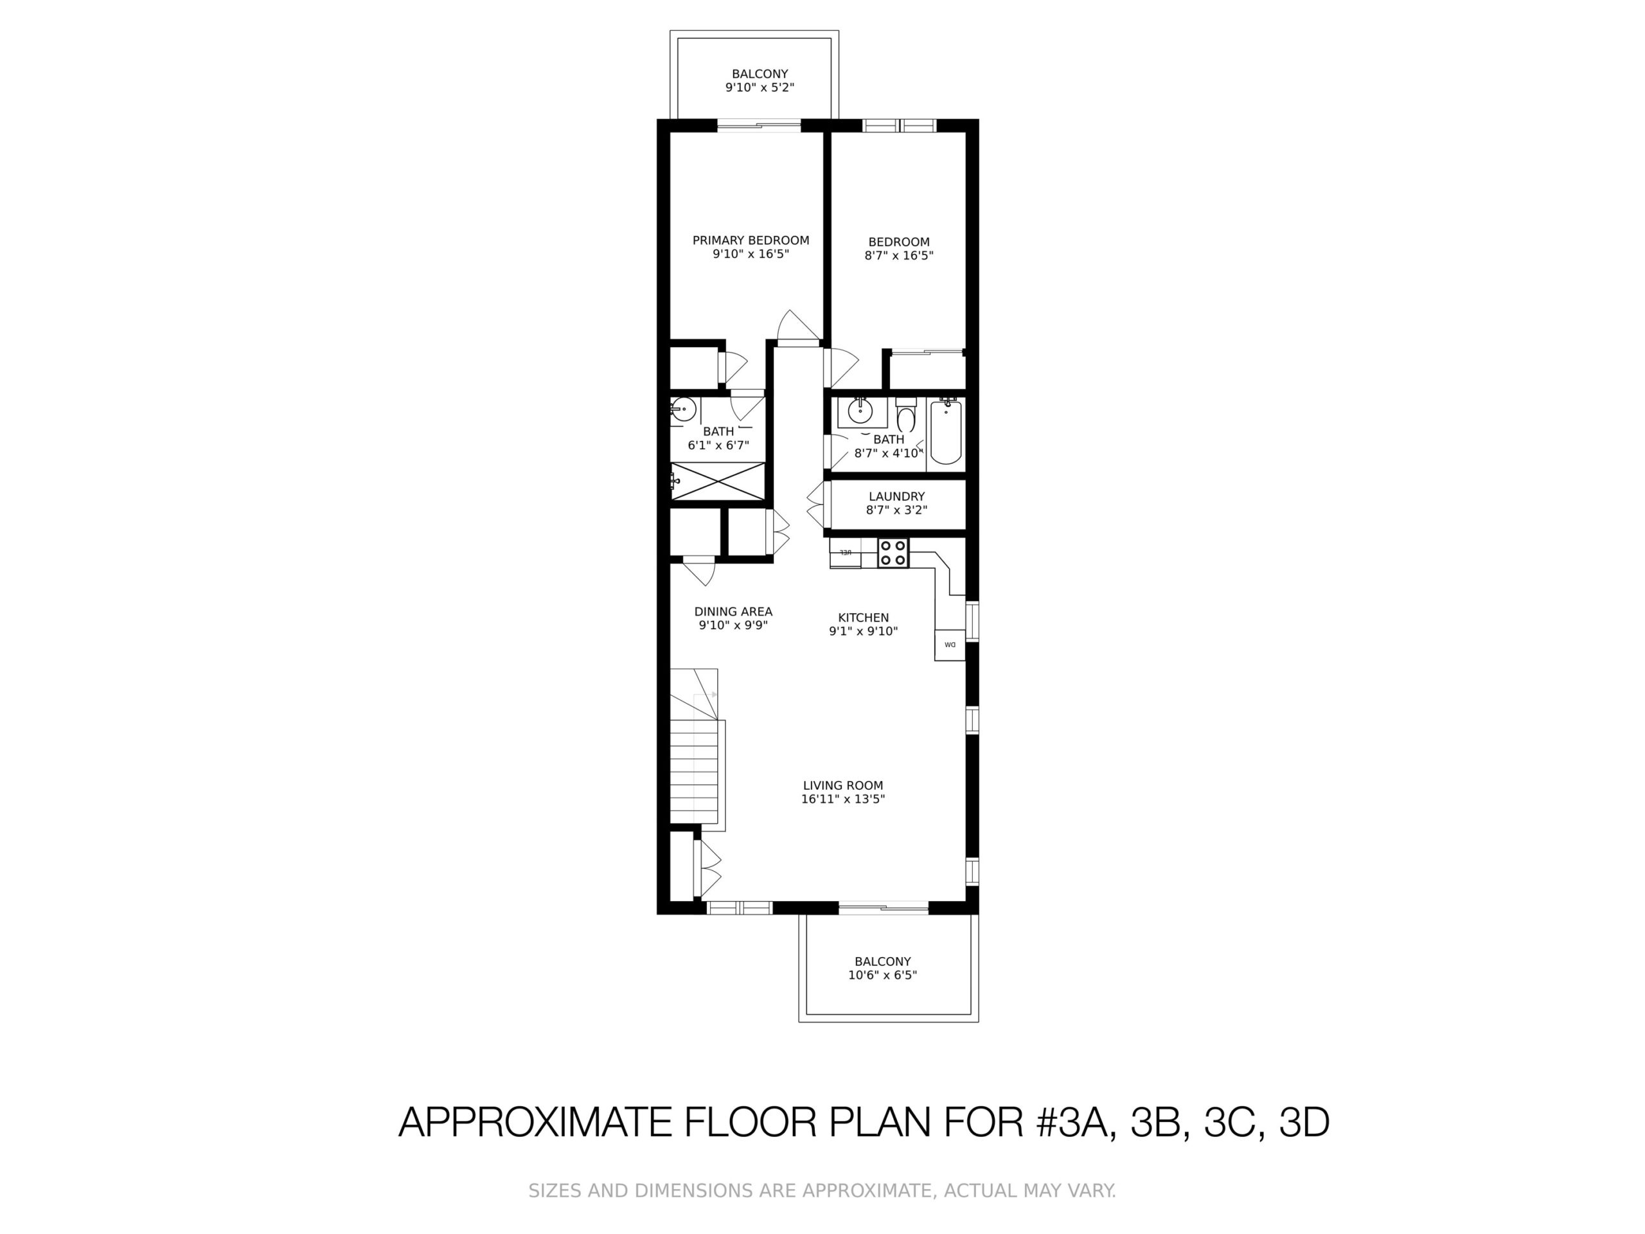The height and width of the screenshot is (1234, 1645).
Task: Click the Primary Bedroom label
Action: click(x=751, y=240)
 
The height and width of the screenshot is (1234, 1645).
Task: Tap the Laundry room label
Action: click(x=897, y=496)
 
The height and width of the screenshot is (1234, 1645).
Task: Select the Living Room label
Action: click(x=842, y=785)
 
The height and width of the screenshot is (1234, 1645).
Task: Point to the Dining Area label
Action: click(x=733, y=611)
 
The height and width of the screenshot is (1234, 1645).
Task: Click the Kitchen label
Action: click(x=864, y=618)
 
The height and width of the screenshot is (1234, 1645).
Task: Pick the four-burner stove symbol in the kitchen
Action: click(x=893, y=553)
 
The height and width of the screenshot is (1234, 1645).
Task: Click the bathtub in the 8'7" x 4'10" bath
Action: click(x=946, y=432)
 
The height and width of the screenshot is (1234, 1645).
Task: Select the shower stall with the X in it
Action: click(x=718, y=481)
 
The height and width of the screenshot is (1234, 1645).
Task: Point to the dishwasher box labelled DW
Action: click(x=950, y=645)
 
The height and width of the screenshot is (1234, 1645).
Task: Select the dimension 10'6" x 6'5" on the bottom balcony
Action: click(x=882, y=975)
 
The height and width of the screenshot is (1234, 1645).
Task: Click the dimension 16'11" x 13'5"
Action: click(x=842, y=800)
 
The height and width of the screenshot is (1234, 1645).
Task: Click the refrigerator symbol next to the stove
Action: click(x=846, y=553)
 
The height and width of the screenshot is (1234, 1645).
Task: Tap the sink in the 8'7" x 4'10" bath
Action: click(x=862, y=411)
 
